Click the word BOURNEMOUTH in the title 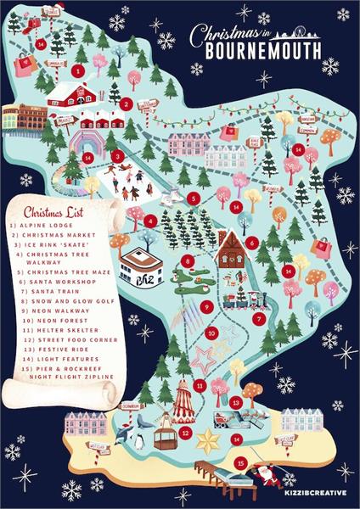pos(262,51)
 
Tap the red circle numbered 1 pos(80,71)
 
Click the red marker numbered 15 pos(241,463)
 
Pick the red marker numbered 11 pos(199,385)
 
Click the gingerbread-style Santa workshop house pos(230,249)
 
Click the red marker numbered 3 pos(119,155)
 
